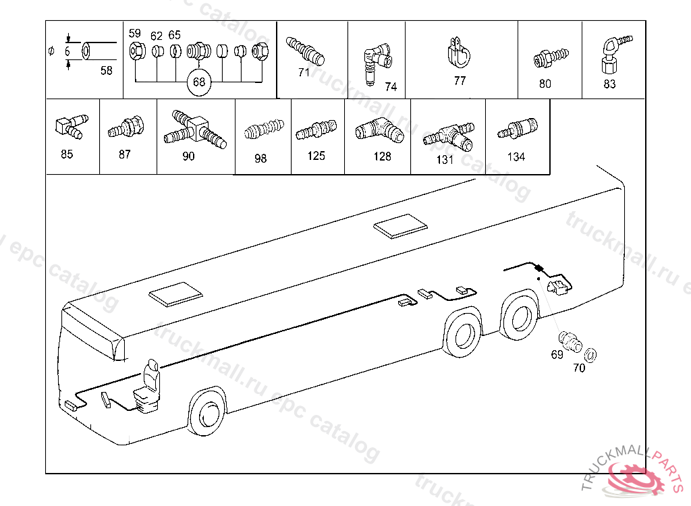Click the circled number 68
[198, 82]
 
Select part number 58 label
[107, 70]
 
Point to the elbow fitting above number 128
[379, 128]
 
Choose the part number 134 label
[516, 157]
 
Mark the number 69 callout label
[557, 355]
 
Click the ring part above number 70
[590, 354]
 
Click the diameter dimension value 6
[67, 52]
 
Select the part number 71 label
[304, 72]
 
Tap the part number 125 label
[316, 156]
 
